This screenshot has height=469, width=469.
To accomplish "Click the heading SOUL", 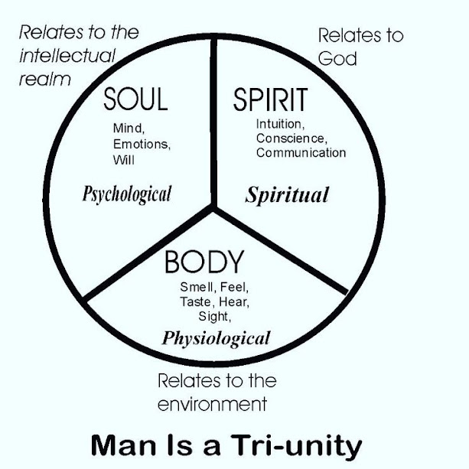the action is point(135,100).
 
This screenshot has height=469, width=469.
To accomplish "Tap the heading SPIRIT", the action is point(270,100).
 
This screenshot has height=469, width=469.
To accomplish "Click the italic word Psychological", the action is point(127,194).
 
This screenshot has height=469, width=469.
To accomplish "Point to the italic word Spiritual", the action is point(287,194).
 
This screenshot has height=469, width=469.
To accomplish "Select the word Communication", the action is point(301,152).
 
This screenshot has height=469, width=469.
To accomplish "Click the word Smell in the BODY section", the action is point(197,288).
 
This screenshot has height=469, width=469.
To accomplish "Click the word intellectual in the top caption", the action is point(67,56).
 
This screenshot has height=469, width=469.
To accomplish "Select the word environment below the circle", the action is point(211,403).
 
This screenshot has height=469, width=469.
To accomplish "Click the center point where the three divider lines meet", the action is point(215,207).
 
